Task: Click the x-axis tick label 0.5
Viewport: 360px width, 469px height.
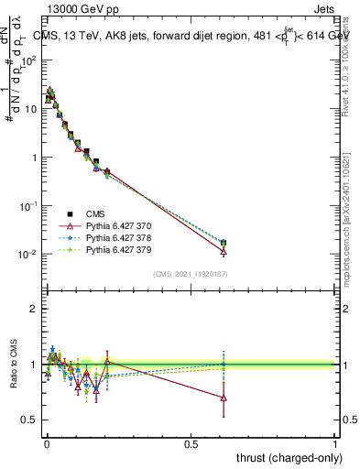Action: tap(191, 443)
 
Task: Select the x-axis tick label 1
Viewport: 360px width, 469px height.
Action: tap(335, 443)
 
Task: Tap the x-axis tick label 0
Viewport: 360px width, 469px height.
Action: tap(47, 443)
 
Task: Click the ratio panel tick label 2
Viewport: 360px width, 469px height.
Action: tap(34, 309)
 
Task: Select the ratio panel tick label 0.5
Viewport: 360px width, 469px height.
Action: tap(29, 420)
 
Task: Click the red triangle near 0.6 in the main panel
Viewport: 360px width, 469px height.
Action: tap(224, 251)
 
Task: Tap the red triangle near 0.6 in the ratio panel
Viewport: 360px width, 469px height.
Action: tap(224, 398)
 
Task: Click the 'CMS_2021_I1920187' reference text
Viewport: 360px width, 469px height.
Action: tap(190, 274)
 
